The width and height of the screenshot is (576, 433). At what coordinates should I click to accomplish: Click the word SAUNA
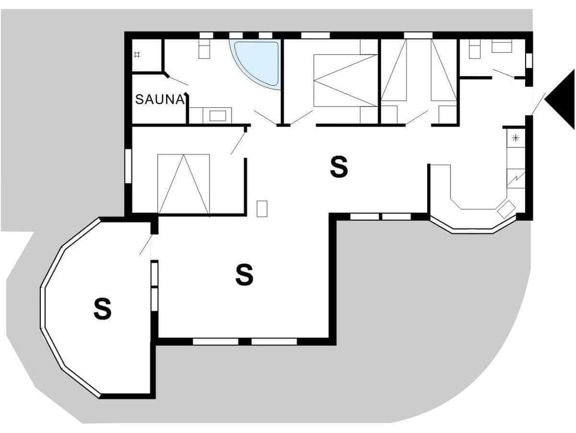pos(159,100)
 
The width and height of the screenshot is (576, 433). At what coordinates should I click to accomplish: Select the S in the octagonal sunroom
pos(103,309)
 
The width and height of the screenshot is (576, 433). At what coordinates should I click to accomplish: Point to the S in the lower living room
pos(244,274)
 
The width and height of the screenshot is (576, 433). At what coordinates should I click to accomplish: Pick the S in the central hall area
pos(339,167)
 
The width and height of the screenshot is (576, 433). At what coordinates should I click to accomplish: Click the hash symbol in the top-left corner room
pos(137,55)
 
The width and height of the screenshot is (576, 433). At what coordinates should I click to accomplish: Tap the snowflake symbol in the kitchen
pos(515,139)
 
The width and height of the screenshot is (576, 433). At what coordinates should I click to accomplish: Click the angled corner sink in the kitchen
pos(506,209)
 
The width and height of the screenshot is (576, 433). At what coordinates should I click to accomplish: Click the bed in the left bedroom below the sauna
pos(184,183)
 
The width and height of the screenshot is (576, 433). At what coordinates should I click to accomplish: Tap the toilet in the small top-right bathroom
pos(475,50)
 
